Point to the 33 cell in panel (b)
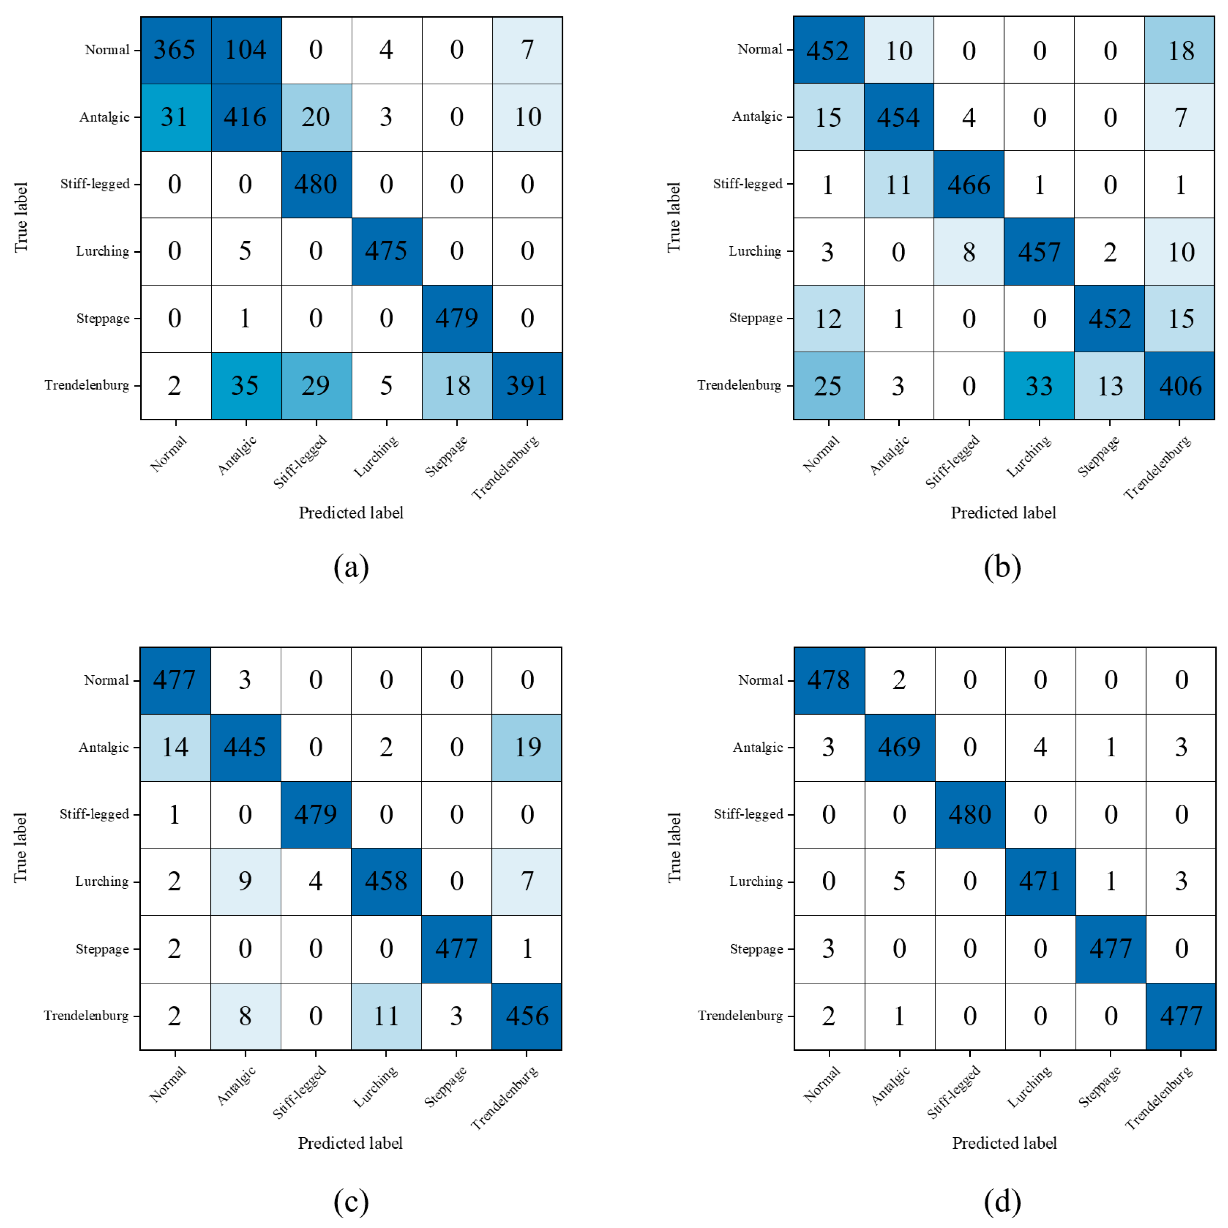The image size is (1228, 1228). click(1039, 386)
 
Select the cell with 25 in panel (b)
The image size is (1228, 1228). click(828, 386)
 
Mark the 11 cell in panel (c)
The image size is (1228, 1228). click(386, 1016)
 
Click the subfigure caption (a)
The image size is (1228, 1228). click(351, 566)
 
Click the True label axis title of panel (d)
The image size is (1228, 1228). click(674, 847)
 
